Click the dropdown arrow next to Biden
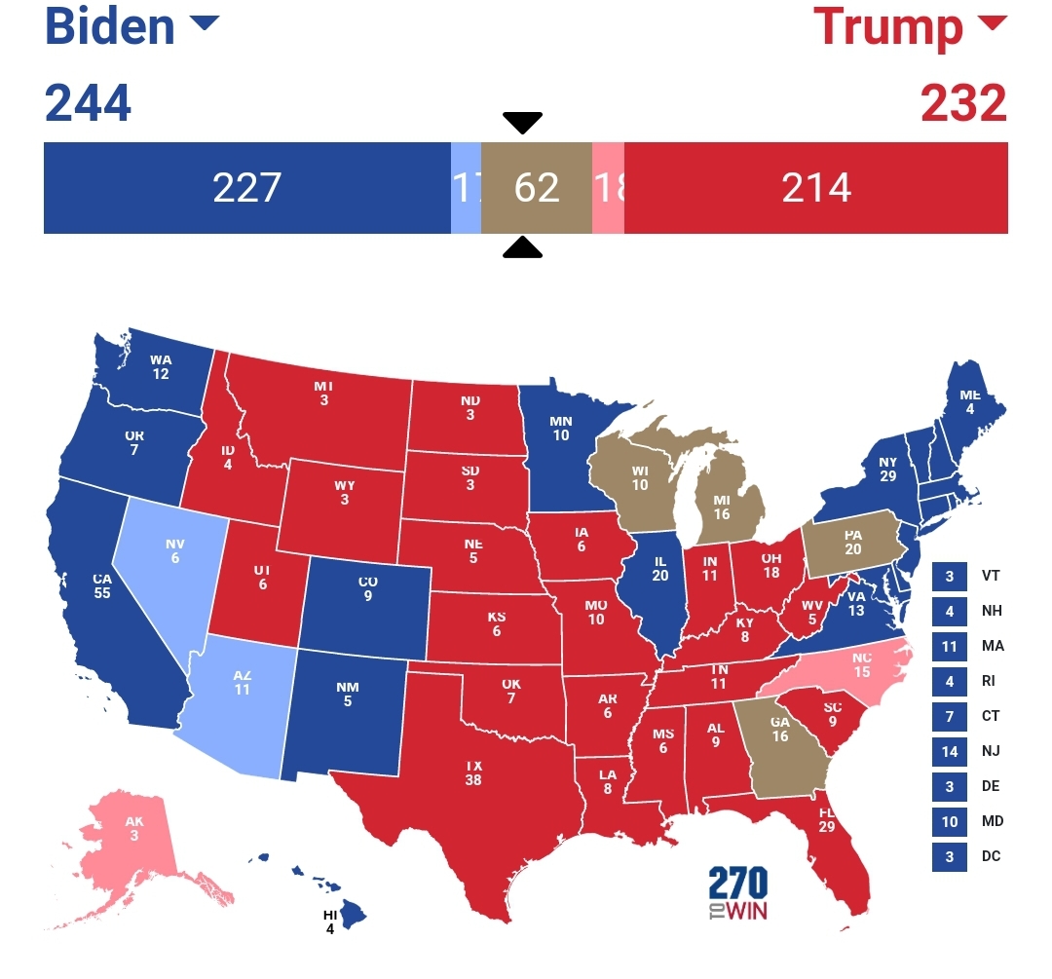click(x=204, y=23)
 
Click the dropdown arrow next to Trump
click(x=991, y=23)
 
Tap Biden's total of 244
click(x=88, y=102)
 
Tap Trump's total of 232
click(x=963, y=102)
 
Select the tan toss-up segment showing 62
click(x=537, y=188)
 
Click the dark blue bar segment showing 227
click(x=246, y=188)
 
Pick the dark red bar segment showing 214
click(x=816, y=188)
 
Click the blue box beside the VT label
click(x=950, y=576)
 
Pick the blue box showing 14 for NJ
click(x=950, y=751)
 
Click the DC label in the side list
click(x=991, y=856)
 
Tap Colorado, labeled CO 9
click(x=367, y=588)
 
